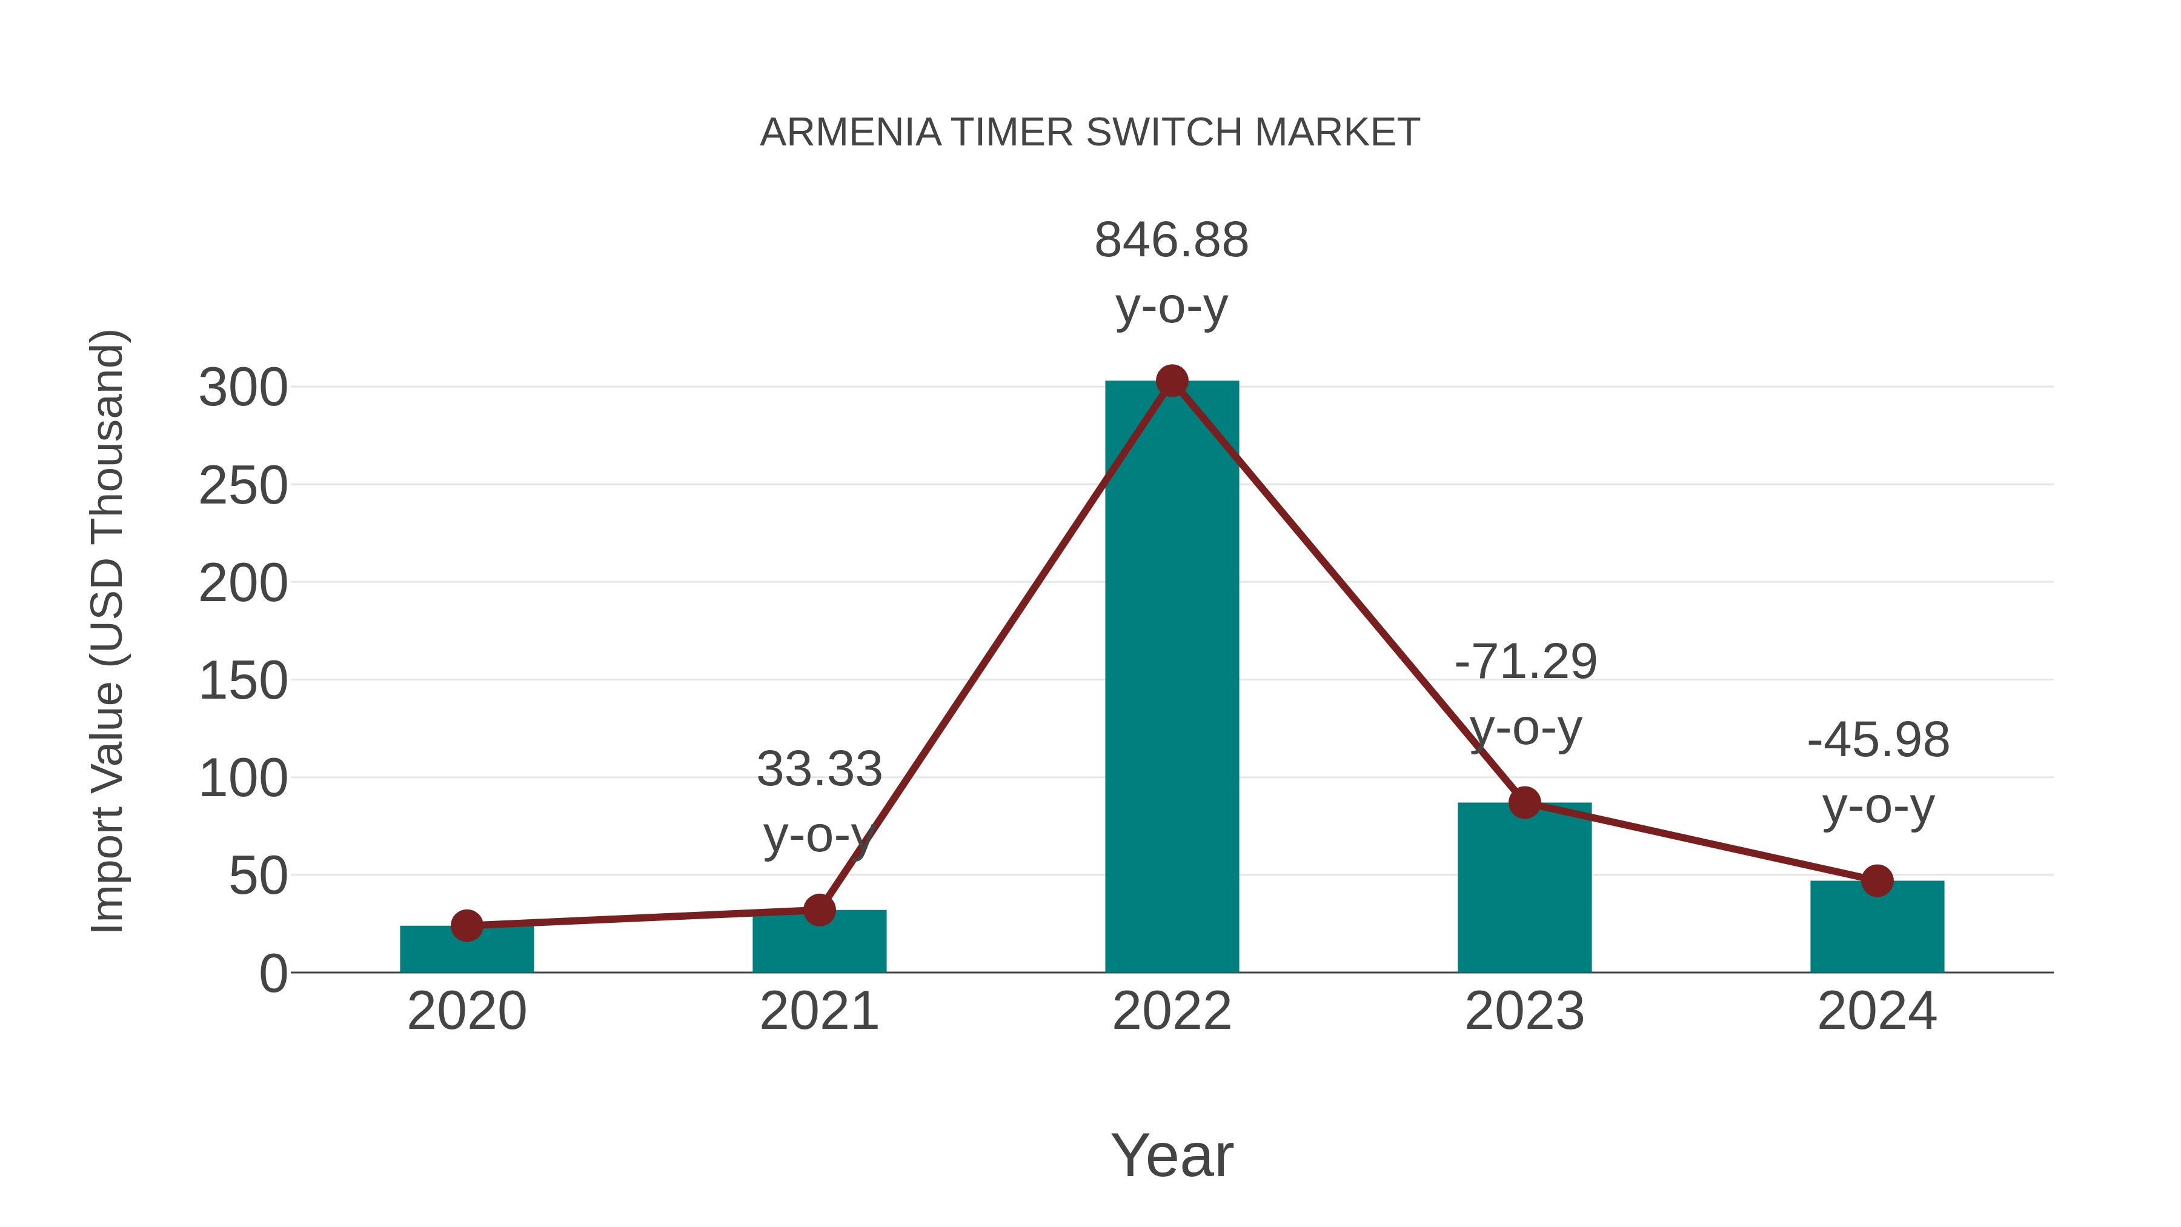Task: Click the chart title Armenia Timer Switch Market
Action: [x=1090, y=133]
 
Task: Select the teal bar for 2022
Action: [x=1172, y=677]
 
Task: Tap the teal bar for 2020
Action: [x=466, y=952]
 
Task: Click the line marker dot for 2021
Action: [x=818, y=910]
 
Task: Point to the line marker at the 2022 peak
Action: [x=1172, y=381]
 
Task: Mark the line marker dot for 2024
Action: [x=1877, y=880]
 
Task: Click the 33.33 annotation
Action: [x=818, y=769]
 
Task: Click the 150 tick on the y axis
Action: [x=243, y=682]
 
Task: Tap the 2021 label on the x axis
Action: [x=818, y=1011]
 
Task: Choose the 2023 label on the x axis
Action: [x=1524, y=1011]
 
